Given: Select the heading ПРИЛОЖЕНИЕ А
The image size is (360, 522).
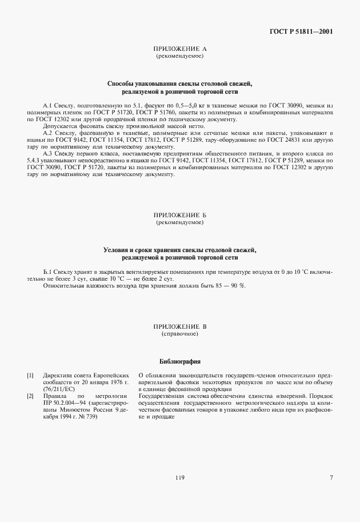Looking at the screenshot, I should coord(180,50).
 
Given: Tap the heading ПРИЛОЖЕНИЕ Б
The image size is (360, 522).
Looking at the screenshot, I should coord(180,216).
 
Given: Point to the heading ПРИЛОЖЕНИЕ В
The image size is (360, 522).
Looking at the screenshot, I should coord(180,326).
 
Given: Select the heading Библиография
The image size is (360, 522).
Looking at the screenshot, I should coord(180,361).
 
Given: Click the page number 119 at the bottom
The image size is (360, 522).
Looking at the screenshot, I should coord(180,477).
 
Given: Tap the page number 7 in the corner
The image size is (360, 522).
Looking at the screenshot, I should coord(331,477).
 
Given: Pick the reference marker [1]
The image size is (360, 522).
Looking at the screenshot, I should coord(30,376).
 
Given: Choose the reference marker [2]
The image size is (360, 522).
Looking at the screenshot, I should coord(30,396).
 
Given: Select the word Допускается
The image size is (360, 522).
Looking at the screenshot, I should coord(59,126).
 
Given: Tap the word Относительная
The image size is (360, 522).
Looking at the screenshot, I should coord(63,285).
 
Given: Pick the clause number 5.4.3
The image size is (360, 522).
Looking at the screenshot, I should coord(36,161).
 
